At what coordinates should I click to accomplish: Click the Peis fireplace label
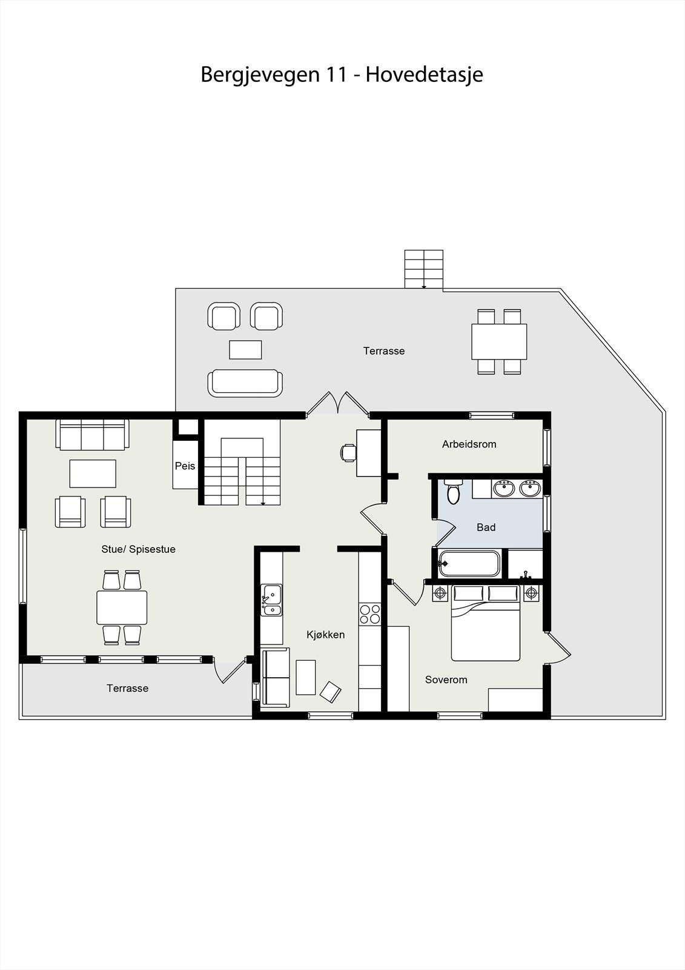tap(185, 466)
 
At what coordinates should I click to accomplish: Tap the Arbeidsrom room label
tap(469, 444)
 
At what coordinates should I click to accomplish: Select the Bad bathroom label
tap(486, 527)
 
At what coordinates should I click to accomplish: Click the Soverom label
tap(446, 680)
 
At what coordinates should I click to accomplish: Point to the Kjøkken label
tap(325, 635)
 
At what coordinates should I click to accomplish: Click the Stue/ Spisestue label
tap(138, 549)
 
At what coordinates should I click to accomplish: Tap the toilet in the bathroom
tap(453, 492)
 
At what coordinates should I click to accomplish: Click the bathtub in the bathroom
tap(469, 564)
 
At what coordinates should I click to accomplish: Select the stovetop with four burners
tap(369, 614)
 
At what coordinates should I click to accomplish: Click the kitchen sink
tap(271, 600)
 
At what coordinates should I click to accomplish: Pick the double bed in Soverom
tap(486, 624)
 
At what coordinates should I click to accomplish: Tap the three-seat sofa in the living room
tap(92, 435)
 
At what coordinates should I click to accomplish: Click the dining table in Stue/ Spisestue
tap(122, 607)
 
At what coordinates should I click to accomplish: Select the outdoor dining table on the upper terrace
tap(499, 341)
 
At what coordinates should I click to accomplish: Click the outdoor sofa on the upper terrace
tap(245, 383)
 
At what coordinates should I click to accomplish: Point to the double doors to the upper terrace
tap(337, 405)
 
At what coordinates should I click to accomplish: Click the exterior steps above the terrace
tap(424, 269)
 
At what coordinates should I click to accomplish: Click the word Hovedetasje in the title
tap(424, 75)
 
